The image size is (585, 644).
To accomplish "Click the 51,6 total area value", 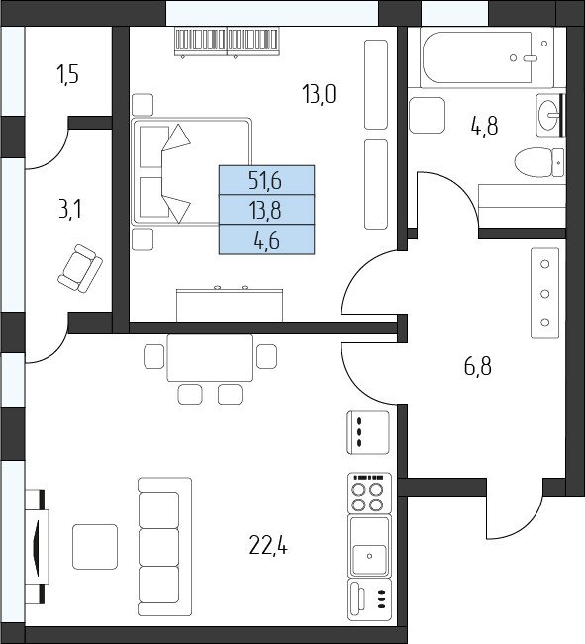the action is pyautogui.click(x=265, y=181).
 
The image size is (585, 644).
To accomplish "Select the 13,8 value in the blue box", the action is pyautogui.click(x=265, y=211).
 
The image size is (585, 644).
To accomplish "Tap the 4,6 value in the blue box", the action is pyautogui.click(x=267, y=240).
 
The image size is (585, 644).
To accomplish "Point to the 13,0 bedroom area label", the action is pyautogui.click(x=319, y=94).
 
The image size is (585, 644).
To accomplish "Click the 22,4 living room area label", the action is pyautogui.click(x=268, y=546).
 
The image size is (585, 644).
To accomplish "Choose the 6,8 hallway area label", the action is pyautogui.click(x=478, y=366).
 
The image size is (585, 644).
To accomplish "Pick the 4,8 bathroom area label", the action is pyautogui.click(x=485, y=126).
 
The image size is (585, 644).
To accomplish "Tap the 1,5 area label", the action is pyautogui.click(x=68, y=75).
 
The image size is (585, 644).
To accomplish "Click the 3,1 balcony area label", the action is pyautogui.click(x=70, y=209).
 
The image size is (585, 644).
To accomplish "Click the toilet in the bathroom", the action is pyautogui.click(x=539, y=162).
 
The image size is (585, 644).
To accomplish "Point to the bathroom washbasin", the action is pyautogui.click(x=548, y=115).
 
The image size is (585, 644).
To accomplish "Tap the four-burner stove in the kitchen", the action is pyautogui.click(x=369, y=494).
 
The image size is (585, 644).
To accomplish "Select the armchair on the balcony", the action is pyautogui.click(x=80, y=269).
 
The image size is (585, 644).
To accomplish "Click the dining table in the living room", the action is pyautogui.click(x=210, y=358).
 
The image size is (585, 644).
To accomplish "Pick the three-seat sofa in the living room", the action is pyautogui.click(x=164, y=547).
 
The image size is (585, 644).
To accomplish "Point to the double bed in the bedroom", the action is pyautogui.click(x=191, y=171).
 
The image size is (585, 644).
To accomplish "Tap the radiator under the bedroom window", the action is pyautogui.click(x=228, y=42).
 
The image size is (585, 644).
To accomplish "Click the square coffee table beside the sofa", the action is pyautogui.click(x=95, y=547).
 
